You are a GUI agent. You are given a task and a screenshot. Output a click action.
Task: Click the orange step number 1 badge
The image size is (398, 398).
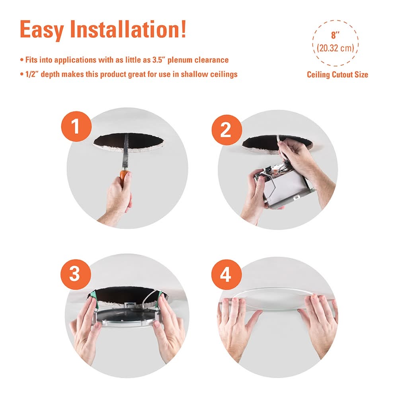click(76, 127)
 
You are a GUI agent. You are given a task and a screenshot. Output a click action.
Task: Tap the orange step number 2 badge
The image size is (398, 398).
click(227, 130)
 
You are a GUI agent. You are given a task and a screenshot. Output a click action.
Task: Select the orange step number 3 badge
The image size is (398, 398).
click(76, 274)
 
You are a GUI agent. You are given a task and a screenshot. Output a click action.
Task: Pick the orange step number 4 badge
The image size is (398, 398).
click(226, 274)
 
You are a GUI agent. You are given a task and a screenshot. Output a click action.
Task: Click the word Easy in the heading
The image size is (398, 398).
click(42, 30)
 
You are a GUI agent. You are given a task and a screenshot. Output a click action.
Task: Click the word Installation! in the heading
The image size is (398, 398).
click(128, 29)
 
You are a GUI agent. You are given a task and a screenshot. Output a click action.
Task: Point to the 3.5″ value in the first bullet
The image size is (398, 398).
click(158, 60)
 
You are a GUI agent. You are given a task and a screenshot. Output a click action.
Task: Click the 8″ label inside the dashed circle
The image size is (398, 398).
click(335, 35)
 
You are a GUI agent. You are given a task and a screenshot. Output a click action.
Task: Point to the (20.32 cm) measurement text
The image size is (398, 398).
click(335, 48)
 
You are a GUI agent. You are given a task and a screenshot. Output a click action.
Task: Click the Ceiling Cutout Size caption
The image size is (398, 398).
click(338, 75)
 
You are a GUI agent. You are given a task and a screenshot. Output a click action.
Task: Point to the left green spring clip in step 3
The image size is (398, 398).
click(92, 297)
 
